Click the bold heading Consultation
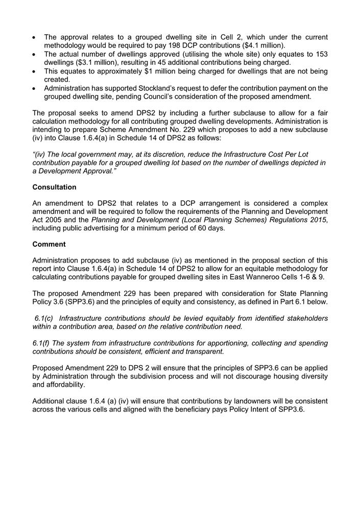(54, 187)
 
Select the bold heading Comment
(49, 244)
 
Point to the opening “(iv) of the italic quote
(40, 154)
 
